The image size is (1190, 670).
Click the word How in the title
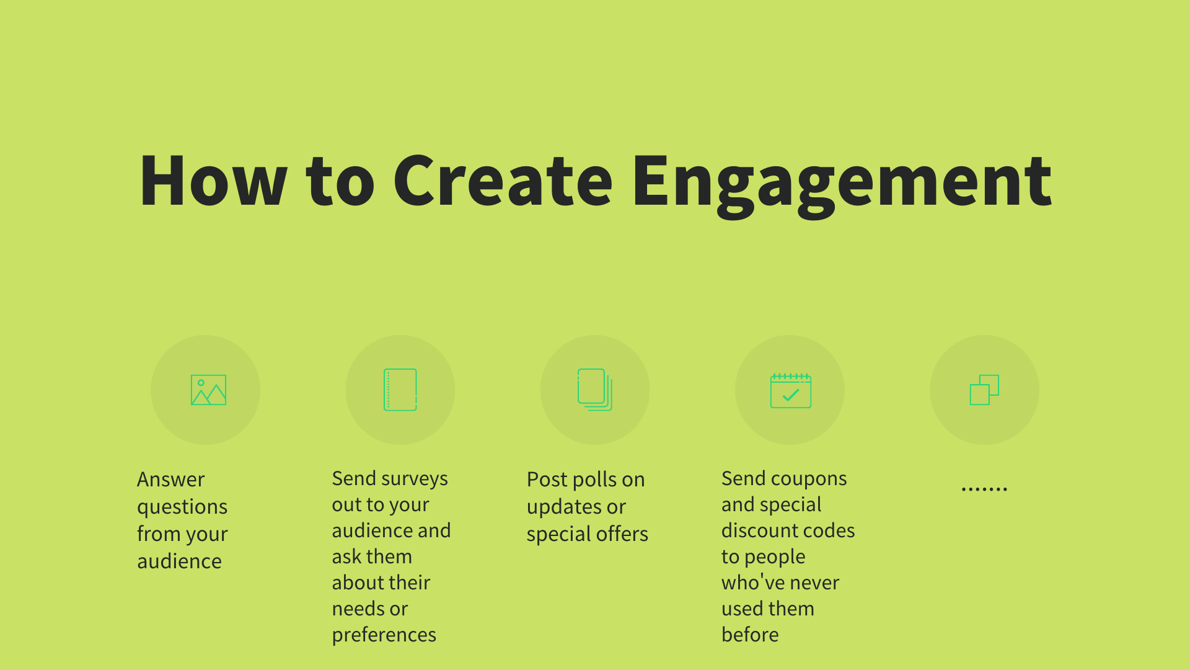click(x=213, y=181)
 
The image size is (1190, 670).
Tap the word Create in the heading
click(x=503, y=181)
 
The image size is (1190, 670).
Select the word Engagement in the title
click(x=841, y=183)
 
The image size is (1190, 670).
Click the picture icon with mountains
click(x=208, y=390)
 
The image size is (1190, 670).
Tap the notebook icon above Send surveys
click(x=400, y=390)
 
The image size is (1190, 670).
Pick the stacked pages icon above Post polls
click(x=595, y=390)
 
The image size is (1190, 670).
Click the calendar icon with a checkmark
click(x=790, y=391)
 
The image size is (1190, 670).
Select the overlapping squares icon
click(x=984, y=390)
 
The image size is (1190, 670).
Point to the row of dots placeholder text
click(x=984, y=489)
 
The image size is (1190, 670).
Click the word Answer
click(x=170, y=480)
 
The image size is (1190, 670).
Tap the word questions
click(x=182, y=507)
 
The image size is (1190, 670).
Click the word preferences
click(x=384, y=635)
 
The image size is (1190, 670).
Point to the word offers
click(x=622, y=534)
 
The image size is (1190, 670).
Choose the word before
click(x=750, y=635)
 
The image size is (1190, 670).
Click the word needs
click(x=358, y=609)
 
